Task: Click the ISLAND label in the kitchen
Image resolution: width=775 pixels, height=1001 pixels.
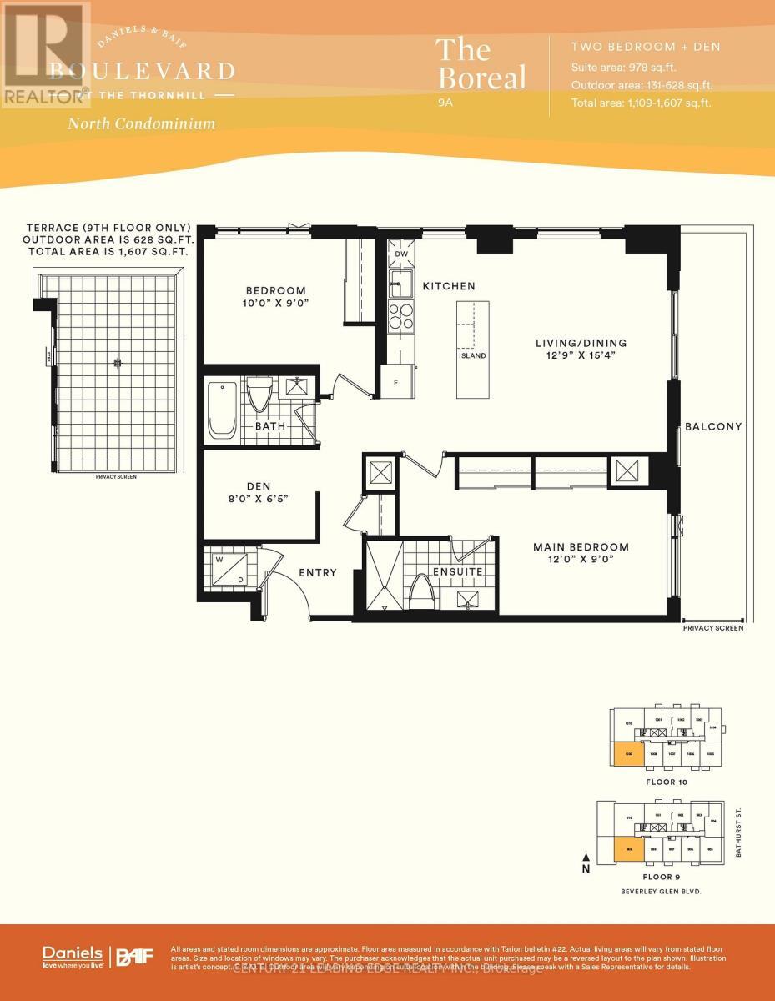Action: coord(471,355)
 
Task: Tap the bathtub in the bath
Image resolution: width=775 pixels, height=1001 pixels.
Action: coord(223,410)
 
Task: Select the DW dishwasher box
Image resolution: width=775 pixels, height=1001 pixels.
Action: coord(400,254)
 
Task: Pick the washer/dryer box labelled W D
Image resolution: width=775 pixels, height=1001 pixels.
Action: coord(228,569)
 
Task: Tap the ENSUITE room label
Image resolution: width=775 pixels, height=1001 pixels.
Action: coord(456,571)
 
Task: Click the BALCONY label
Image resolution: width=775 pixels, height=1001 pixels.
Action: coord(712,426)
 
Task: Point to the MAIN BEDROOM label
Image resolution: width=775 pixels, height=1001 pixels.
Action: coord(581,547)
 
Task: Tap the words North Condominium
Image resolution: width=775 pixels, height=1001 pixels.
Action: coord(141,123)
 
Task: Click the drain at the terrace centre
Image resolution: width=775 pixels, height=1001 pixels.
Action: coord(118,361)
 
